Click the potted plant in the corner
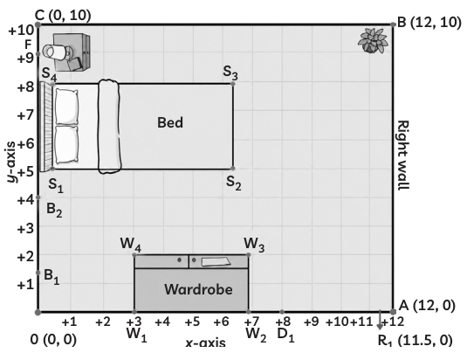pyautogui.click(x=373, y=40)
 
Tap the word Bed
pyautogui.click(x=170, y=122)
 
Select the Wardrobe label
pyautogui.click(x=198, y=289)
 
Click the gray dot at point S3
pyautogui.click(x=233, y=84)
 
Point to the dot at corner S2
pyautogui.click(x=233, y=169)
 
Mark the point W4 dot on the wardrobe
pyautogui.click(x=134, y=255)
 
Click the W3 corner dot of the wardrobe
pyautogui.click(x=249, y=255)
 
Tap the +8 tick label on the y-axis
pyautogui.click(x=25, y=87)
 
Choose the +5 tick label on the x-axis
pyautogui.click(x=192, y=322)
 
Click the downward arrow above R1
pyautogui.click(x=380, y=320)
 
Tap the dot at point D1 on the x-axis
pyautogui.click(x=282, y=312)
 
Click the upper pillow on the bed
pyautogui.click(x=67, y=107)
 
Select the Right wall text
pyautogui.click(x=403, y=155)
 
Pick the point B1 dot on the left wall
pyautogui.click(x=38, y=273)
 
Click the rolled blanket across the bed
pyautogui.click(x=110, y=127)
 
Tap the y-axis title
pyautogui.click(x=11, y=162)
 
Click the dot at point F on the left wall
pyautogui.click(x=38, y=54)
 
